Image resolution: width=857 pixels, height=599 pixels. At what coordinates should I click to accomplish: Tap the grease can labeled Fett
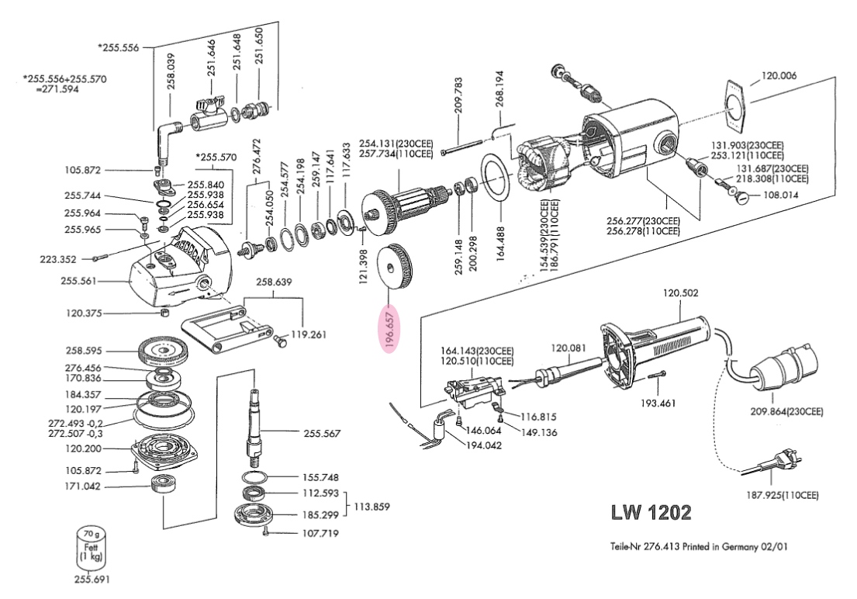(90, 547)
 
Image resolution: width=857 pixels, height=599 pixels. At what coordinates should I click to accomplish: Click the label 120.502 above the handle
(681, 294)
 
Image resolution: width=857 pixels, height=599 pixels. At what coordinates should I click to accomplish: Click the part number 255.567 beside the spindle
(322, 433)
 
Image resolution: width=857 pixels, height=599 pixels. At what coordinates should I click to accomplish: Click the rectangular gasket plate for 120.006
(736, 104)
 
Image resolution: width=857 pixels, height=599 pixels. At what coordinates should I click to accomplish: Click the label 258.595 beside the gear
(83, 351)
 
